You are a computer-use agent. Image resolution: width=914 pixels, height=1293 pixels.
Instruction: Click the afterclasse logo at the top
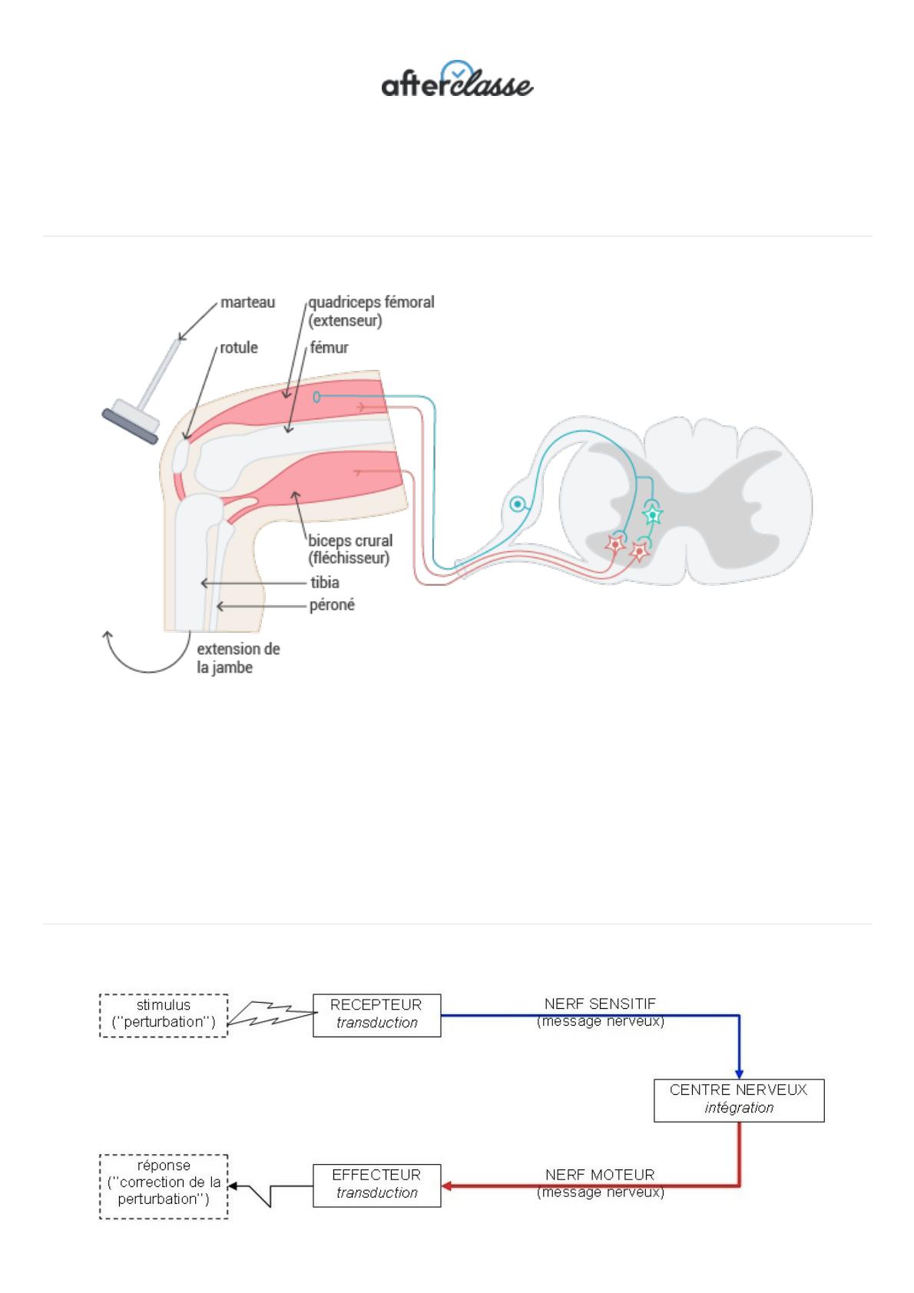(x=457, y=78)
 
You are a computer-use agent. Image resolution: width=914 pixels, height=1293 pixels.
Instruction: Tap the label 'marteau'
(x=247, y=303)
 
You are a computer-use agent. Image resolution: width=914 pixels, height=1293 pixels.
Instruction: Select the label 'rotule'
(x=239, y=348)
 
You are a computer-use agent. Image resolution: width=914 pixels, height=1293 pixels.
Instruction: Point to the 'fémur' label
(x=329, y=348)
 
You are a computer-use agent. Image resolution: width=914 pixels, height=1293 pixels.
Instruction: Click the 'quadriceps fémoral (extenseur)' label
(x=371, y=311)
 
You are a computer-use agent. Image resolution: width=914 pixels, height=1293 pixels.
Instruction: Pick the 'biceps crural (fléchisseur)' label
(x=350, y=550)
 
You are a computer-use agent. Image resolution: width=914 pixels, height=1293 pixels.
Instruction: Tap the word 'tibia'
(x=325, y=583)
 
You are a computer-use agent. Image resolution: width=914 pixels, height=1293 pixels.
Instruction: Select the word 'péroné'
(x=332, y=606)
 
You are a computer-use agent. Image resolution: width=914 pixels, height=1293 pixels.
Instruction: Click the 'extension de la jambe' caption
(x=238, y=658)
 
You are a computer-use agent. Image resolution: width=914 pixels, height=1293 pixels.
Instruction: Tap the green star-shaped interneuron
(x=652, y=514)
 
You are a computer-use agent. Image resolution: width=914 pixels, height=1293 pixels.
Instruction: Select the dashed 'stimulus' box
(x=164, y=1015)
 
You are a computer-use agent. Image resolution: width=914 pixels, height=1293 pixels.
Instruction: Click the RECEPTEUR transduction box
(x=376, y=1015)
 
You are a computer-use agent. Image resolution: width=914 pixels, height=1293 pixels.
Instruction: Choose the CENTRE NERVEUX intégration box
(x=738, y=1100)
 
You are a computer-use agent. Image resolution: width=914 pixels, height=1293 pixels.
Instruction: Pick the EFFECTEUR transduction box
(x=376, y=1185)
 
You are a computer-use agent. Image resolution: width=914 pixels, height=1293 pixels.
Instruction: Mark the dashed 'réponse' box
(x=164, y=1185)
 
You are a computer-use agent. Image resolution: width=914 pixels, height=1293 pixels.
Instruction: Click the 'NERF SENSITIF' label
(x=600, y=1004)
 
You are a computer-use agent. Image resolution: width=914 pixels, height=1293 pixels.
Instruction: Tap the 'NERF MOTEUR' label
(x=600, y=1175)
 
